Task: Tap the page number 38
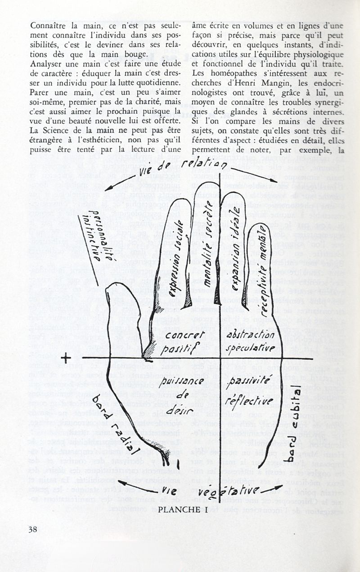point(32,529)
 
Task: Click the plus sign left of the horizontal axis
point(67,358)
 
